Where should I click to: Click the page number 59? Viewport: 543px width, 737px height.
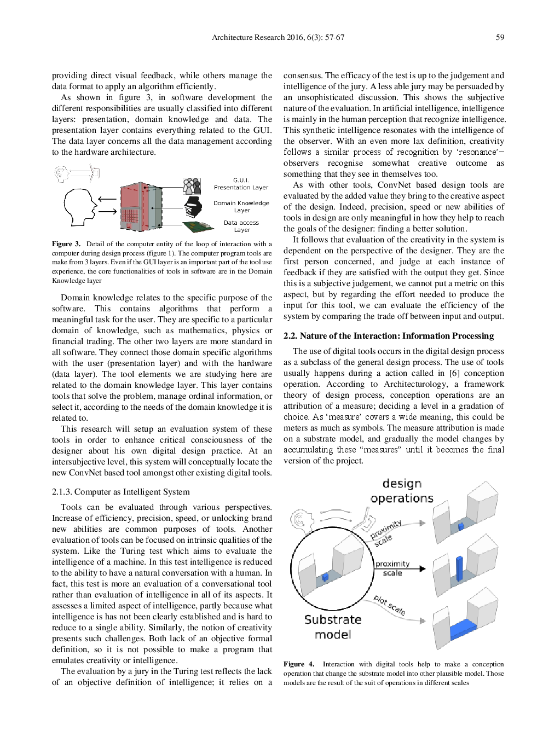(x=500, y=37)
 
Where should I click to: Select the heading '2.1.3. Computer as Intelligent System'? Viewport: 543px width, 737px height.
(x=121, y=492)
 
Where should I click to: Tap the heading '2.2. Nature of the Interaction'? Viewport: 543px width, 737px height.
(x=388, y=336)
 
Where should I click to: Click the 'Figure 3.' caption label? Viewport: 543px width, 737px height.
(x=66, y=244)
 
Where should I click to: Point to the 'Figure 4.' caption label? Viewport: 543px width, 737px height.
(x=298, y=664)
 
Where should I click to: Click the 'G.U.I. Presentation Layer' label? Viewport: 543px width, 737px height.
(x=241, y=184)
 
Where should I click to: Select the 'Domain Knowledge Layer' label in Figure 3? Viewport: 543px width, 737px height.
(x=241, y=206)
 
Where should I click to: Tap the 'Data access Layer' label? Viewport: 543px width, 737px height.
(x=241, y=226)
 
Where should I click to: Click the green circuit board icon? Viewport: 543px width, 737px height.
(x=198, y=226)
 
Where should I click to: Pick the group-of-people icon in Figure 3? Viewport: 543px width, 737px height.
(x=192, y=186)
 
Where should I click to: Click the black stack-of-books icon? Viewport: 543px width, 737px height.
(x=193, y=207)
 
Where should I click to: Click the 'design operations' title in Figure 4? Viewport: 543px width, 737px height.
(x=402, y=491)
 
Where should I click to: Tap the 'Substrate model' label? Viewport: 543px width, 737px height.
(x=333, y=627)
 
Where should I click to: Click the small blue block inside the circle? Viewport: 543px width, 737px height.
(x=325, y=577)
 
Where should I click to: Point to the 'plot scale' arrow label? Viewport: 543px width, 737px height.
(x=389, y=605)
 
